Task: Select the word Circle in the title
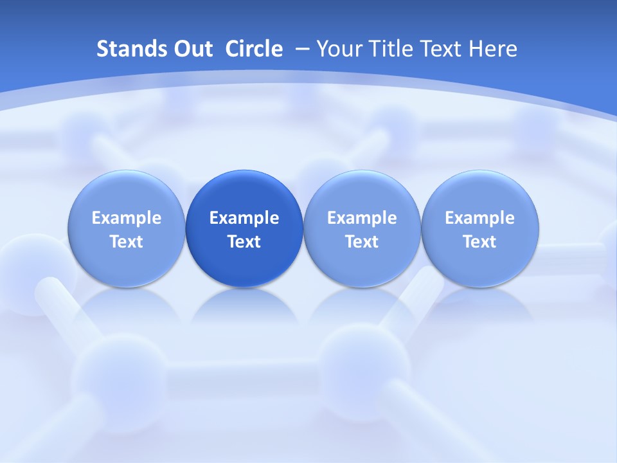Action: (x=254, y=49)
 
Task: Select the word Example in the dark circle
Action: (x=244, y=218)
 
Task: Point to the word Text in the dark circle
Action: (x=244, y=242)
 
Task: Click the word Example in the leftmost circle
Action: (x=127, y=218)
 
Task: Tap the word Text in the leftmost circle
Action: (x=127, y=242)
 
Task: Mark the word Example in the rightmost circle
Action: (x=480, y=218)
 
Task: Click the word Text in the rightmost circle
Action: (x=480, y=242)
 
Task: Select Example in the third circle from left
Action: (x=362, y=218)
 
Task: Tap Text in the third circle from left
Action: (x=362, y=242)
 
